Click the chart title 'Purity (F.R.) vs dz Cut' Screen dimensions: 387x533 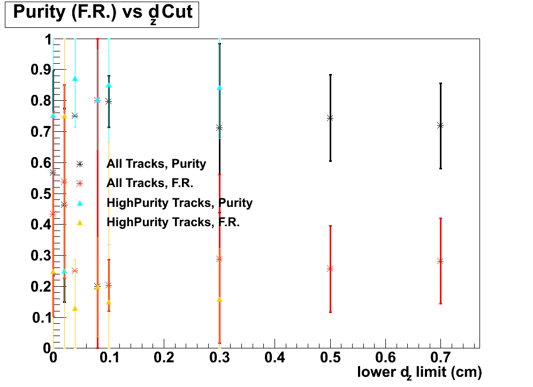[x=102, y=14]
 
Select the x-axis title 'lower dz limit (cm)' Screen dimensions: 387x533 [x=420, y=371]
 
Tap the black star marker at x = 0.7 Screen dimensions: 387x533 [x=440, y=125]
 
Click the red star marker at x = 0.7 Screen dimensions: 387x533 [x=440, y=261]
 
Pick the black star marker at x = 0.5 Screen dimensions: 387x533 [x=330, y=118]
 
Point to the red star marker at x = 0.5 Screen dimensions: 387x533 [x=330, y=269]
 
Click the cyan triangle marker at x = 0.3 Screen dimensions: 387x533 [x=219, y=88]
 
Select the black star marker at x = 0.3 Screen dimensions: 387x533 [x=219, y=128]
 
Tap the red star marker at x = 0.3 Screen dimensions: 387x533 [x=219, y=259]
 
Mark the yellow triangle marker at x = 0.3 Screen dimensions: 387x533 [x=219, y=300]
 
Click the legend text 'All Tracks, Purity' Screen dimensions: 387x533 [x=156, y=164]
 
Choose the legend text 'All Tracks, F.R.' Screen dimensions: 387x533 [x=150, y=183]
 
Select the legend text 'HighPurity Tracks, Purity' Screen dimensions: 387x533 [x=179, y=203]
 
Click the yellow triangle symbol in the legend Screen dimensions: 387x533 [x=80, y=222]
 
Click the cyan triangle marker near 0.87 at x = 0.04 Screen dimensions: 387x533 [x=75, y=79]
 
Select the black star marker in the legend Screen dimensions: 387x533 [x=80, y=164]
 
